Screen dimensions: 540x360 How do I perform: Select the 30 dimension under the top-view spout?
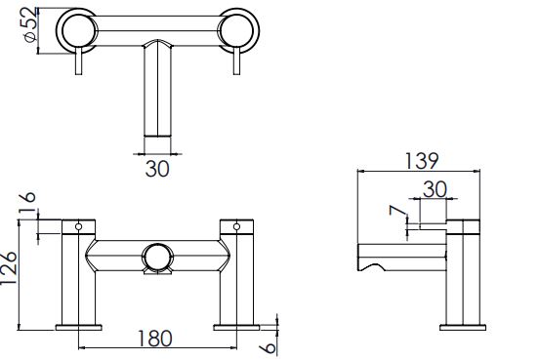tap(157, 169)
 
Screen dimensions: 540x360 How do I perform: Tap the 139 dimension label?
tap(422, 161)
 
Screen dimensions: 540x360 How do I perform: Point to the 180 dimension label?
tap(154, 339)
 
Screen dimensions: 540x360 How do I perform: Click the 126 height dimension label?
tap(8, 268)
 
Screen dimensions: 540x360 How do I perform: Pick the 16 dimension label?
tap(27, 202)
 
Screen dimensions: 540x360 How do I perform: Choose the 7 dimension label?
tap(396, 211)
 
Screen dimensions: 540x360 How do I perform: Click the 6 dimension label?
tap(269, 348)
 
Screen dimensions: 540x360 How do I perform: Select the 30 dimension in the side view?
tap(435, 189)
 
